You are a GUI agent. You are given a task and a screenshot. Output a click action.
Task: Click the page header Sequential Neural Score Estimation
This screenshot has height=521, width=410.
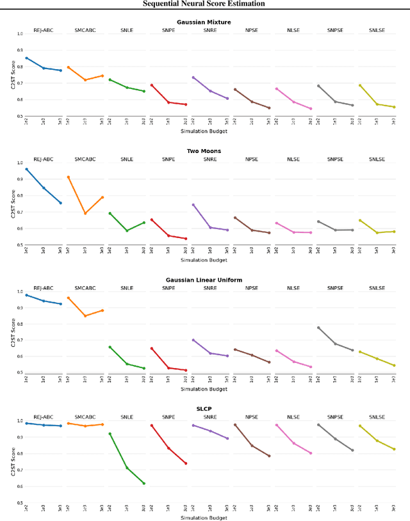tap(205, 4)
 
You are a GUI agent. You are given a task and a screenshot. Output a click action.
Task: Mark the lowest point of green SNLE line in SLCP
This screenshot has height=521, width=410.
tap(144, 483)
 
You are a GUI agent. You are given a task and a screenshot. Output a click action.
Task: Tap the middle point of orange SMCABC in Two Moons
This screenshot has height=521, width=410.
tap(85, 213)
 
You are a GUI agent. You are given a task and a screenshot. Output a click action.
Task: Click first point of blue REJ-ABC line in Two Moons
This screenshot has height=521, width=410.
tap(26, 169)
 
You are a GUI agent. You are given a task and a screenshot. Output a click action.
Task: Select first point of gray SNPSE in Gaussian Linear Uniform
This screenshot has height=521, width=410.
tap(318, 328)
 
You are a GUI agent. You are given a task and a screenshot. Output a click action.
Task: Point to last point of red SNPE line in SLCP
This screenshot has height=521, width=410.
tap(186, 463)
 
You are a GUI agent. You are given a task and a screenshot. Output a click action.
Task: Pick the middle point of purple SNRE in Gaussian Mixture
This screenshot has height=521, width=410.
tap(210, 91)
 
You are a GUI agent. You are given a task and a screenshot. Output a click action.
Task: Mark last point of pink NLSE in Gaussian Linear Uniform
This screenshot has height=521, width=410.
tap(311, 367)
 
